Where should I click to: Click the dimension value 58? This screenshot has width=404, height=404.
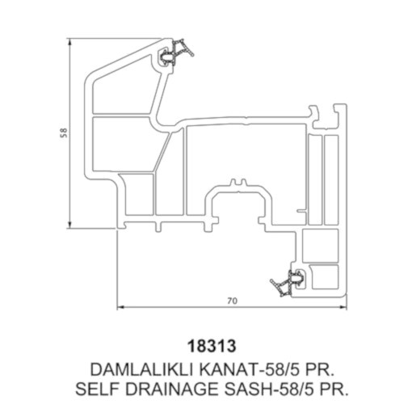64,133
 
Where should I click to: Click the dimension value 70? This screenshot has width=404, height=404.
233,301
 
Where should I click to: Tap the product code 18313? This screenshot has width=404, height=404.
212,346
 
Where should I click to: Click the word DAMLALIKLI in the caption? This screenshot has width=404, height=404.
141,369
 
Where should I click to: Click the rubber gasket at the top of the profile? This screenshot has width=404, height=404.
176,53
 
